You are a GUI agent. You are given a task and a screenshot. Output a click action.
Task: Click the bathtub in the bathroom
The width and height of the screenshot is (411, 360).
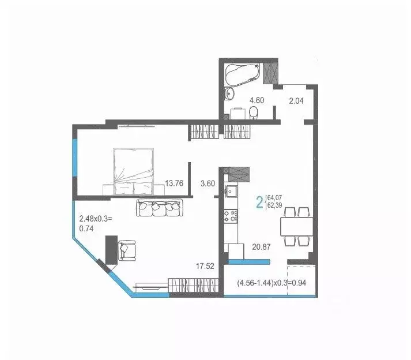242,74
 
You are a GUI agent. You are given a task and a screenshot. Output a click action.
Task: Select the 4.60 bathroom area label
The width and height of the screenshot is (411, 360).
257,100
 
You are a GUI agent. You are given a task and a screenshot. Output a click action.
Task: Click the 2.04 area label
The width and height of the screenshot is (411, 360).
296,100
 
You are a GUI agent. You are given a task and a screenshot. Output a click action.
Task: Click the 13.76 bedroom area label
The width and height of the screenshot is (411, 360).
174,183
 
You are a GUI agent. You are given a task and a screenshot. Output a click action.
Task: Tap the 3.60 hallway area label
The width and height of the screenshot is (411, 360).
207,183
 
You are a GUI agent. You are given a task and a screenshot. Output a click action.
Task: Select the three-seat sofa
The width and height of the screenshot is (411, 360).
159,208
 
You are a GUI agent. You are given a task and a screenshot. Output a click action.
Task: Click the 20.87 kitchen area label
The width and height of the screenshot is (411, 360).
262,246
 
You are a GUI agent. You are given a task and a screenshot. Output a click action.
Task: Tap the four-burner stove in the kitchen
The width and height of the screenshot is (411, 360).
232,216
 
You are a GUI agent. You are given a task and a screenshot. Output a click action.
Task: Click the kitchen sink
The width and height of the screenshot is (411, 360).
233,191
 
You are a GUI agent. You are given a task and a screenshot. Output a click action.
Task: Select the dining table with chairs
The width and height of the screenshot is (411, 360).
297,226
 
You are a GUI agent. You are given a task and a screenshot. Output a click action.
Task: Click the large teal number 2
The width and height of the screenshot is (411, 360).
259,202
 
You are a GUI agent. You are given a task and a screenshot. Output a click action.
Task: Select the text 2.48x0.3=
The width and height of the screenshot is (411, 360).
96,219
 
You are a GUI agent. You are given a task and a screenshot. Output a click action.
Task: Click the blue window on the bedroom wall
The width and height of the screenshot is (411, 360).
74,159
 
